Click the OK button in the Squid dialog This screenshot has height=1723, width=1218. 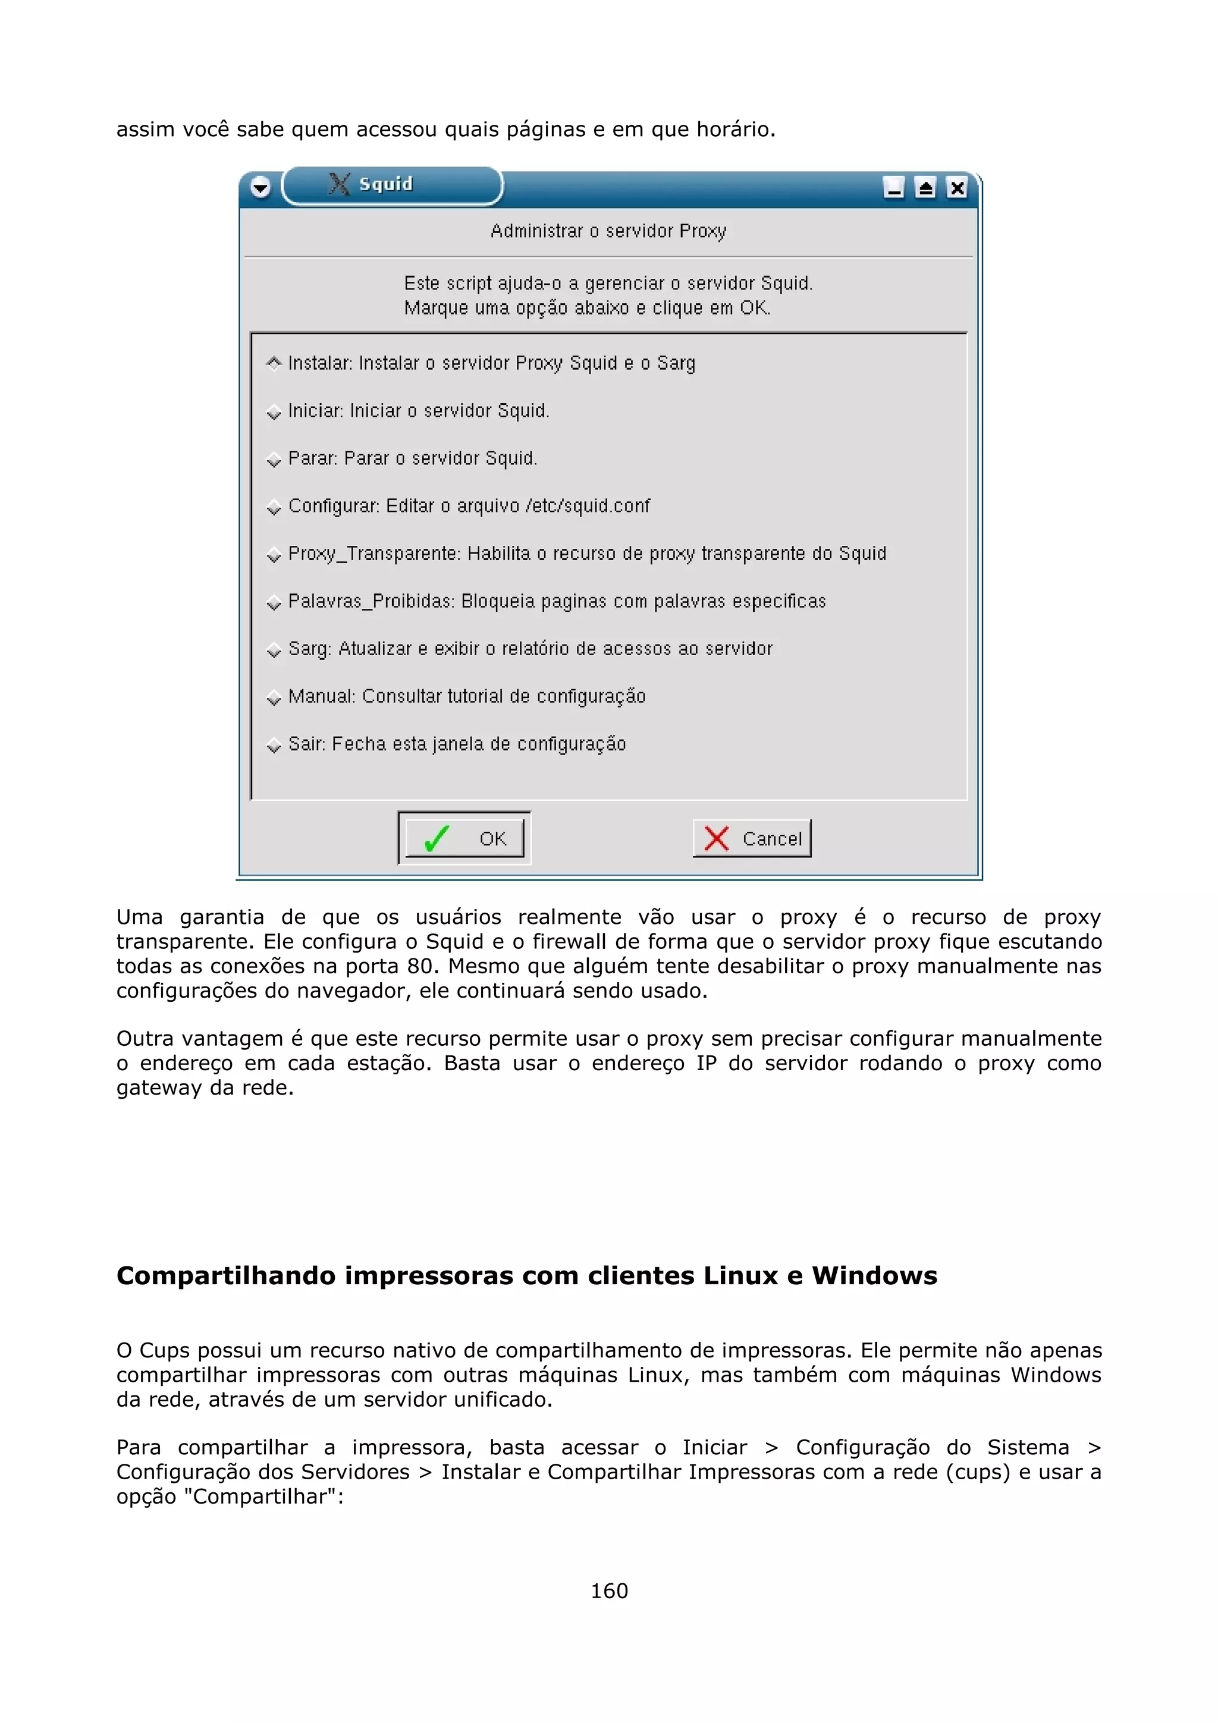[464, 838]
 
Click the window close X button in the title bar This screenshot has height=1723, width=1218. [957, 188]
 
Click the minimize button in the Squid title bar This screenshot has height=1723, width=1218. [893, 188]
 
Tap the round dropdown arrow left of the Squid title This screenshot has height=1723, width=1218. [260, 188]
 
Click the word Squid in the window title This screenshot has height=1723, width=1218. [386, 184]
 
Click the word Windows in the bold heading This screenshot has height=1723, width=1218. [874, 1276]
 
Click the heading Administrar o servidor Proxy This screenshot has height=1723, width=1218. [608, 231]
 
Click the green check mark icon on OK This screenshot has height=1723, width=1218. [436, 838]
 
